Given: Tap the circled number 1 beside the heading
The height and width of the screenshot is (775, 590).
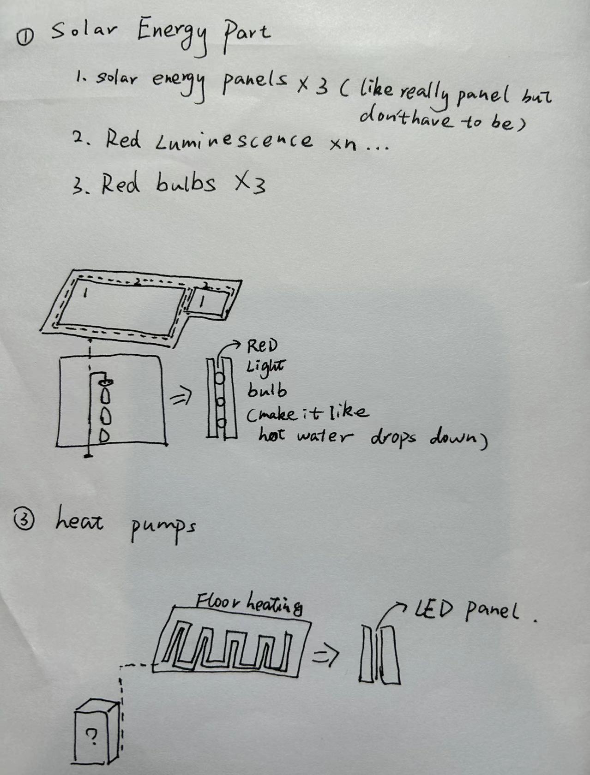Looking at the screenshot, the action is (25, 37).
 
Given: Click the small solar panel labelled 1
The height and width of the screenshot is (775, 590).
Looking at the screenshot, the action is (206, 302).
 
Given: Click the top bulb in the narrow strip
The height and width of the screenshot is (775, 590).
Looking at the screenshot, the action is (220, 378).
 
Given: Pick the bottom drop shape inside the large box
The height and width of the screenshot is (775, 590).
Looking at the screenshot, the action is (104, 436).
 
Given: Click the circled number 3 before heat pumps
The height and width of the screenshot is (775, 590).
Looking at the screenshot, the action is (24, 521).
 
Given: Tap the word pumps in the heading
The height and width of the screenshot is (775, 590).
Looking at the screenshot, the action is (163, 529).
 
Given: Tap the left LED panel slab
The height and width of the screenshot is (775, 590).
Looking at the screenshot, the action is (367, 653).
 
